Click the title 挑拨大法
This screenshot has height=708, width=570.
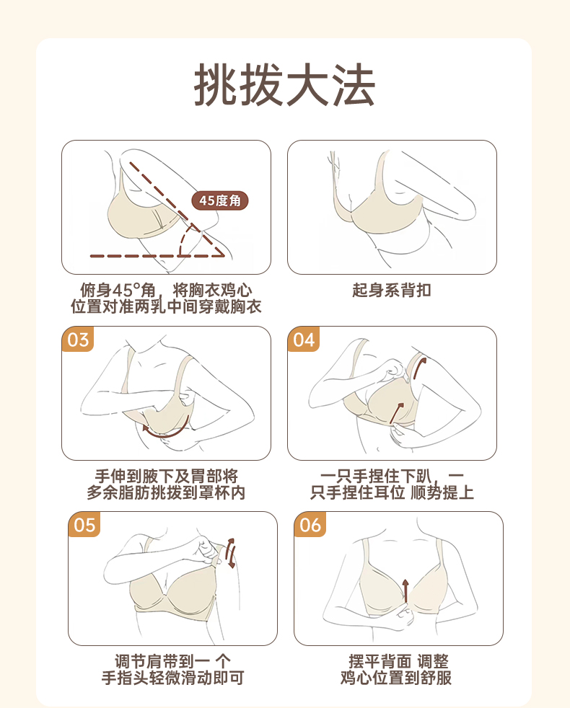[285, 85]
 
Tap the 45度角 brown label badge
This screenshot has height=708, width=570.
[220, 200]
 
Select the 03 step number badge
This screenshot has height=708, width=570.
[78, 339]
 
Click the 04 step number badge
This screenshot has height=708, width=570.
[303, 339]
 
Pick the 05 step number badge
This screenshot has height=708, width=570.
[84, 525]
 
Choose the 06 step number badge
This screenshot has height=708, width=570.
[310, 525]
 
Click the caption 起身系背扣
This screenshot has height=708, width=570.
[392, 290]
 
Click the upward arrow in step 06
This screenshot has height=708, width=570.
[405, 590]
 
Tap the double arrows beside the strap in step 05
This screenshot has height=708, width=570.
[231, 553]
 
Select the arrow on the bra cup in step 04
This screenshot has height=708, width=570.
[397, 412]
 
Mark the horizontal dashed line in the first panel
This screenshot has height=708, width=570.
[157, 256]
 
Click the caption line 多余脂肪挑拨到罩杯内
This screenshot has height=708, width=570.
[166, 492]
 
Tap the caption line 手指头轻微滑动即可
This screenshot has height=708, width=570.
[172, 678]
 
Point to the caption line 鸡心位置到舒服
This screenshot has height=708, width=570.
[396, 678]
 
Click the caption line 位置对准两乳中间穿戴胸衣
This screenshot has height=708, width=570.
[166, 306]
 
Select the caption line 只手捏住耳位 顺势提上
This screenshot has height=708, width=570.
[392, 492]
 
